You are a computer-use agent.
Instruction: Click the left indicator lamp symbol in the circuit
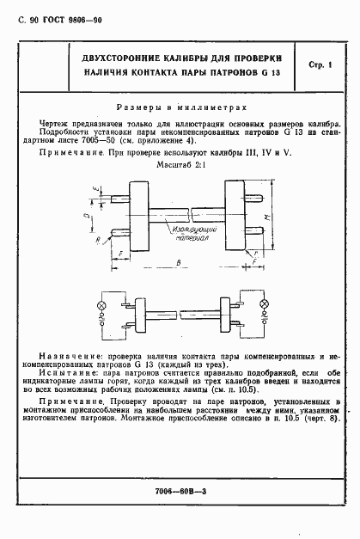pyautogui.click(x=102, y=307)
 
